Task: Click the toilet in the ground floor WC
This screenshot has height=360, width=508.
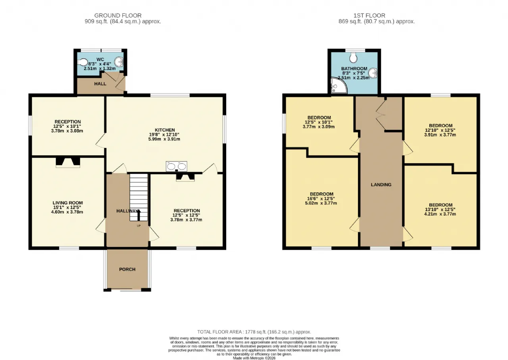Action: (83, 62)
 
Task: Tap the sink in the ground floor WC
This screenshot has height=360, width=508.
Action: (119, 62)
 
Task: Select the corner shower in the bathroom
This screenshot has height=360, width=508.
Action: (339, 85)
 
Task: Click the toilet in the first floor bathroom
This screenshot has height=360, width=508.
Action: (353, 57)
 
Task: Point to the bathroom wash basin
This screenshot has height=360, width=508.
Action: (373, 73)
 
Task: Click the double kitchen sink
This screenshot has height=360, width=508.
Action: (177, 166)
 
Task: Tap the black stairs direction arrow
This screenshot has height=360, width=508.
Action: (139, 215)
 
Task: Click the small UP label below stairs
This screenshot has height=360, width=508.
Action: (139, 226)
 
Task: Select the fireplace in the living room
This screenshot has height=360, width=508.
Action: (68, 162)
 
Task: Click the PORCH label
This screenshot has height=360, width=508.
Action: (127, 269)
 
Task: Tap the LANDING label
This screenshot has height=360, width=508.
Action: (381, 185)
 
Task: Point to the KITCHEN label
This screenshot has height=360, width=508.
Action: (165, 130)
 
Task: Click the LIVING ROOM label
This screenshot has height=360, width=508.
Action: (67, 203)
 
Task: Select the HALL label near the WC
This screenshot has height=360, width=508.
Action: (100, 84)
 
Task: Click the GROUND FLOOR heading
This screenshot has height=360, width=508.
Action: (118, 15)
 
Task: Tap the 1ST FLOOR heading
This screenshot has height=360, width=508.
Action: (369, 15)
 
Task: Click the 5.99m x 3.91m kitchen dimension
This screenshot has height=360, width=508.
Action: (164, 139)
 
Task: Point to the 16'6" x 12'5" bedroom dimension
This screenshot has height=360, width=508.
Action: (321, 199)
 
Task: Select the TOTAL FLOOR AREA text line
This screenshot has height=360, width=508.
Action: (254, 332)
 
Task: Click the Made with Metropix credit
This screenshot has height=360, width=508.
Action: (254, 358)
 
